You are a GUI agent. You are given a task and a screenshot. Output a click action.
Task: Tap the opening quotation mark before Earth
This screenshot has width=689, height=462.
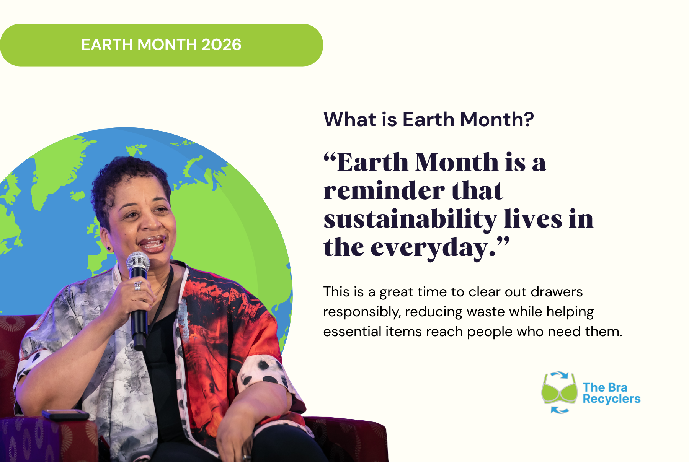coord(330,158)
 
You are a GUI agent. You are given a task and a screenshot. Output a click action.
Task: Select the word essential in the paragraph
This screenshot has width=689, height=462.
coord(352,332)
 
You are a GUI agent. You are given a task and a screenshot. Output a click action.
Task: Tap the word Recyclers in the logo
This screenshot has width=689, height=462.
coord(611,399)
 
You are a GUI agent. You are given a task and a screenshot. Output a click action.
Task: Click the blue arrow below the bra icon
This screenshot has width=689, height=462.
coord(560,410)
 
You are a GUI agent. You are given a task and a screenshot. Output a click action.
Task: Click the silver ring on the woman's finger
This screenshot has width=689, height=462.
coord(138,286)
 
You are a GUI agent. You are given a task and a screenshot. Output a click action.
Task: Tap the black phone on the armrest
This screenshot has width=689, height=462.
coord(65,415)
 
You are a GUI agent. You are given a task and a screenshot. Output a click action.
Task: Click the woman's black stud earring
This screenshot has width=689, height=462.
coord(109,249)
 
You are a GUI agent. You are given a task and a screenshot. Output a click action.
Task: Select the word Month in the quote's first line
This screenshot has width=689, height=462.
coord(457,163)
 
